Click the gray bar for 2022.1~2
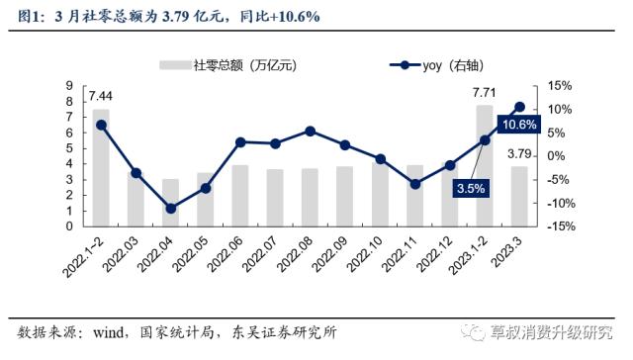point(101,168)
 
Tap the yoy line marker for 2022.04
point(171,209)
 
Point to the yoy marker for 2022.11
point(415,184)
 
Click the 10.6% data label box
point(519,125)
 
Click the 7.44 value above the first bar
point(100,95)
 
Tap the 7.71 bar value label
point(485,93)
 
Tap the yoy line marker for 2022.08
point(311,131)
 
